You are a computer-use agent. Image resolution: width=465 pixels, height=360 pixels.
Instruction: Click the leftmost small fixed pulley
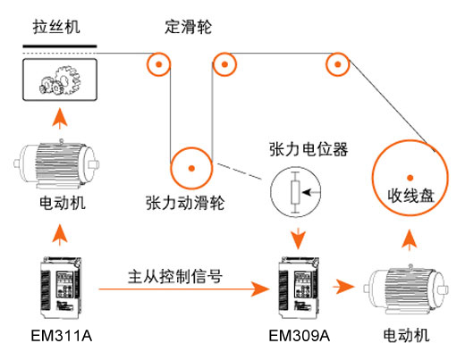[157, 65]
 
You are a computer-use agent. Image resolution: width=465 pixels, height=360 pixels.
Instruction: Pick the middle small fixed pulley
[224, 64]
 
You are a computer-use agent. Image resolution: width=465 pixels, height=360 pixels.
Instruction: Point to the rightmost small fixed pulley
[338, 64]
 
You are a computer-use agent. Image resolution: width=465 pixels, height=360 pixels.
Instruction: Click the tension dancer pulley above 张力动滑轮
[189, 166]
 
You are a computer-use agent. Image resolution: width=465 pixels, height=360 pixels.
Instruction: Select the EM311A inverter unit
[59, 288]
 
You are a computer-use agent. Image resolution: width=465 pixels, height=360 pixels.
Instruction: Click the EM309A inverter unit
[298, 288]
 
